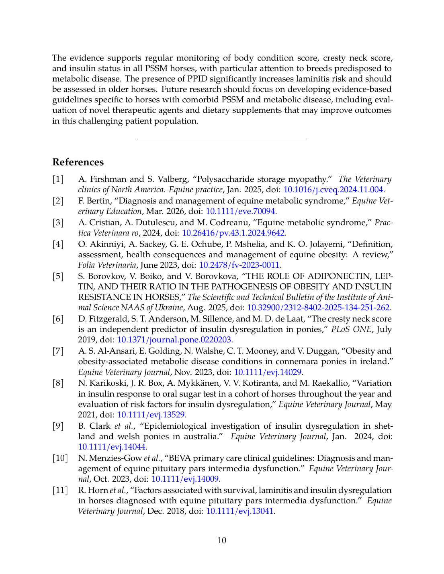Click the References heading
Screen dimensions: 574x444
tap(78, 162)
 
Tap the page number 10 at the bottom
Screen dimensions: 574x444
tap(222, 540)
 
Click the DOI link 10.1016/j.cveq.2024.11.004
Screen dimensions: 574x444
tap(333, 190)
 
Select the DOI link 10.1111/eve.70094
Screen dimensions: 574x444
tap(240, 212)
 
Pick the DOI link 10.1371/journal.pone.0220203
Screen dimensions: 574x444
tap(174, 340)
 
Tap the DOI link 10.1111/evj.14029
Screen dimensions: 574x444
tap(268, 372)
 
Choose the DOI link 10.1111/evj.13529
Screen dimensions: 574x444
tap(151, 415)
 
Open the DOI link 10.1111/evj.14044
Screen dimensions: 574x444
tap(112, 447)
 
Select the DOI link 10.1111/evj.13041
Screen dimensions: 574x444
tap(240, 511)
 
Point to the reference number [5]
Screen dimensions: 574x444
tap(58, 276)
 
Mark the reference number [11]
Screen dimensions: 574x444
tap(60, 490)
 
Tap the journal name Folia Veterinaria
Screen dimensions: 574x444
tap(107, 265)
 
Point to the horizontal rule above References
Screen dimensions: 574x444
tap(222, 139)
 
